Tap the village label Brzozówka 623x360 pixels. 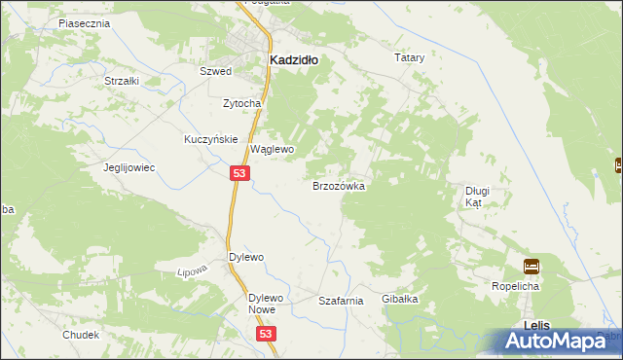click(x=338, y=185)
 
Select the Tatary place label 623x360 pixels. click(x=409, y=58)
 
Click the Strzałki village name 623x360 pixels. click(x=123, y=81)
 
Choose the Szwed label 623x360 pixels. click(x=215, y=72)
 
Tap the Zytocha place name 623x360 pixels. click(x=241, y=103)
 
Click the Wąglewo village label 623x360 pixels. click(x=273, y=150)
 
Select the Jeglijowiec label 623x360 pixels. click(x=130, y=167)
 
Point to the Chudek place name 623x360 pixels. click(x=81, y=335)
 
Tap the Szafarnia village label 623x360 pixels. click(x=341, y=302)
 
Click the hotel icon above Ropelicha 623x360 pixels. click(x=531, y=266)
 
